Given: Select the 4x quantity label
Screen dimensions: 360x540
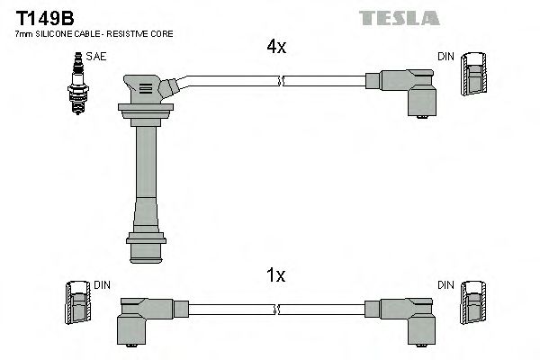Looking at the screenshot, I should (275, 48).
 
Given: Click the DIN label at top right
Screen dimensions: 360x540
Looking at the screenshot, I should (445, 56).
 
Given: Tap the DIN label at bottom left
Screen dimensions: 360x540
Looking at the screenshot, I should (101, 285).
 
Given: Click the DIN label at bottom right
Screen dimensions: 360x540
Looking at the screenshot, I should (445, 285).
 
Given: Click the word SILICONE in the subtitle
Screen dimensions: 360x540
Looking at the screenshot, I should (53, 33).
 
